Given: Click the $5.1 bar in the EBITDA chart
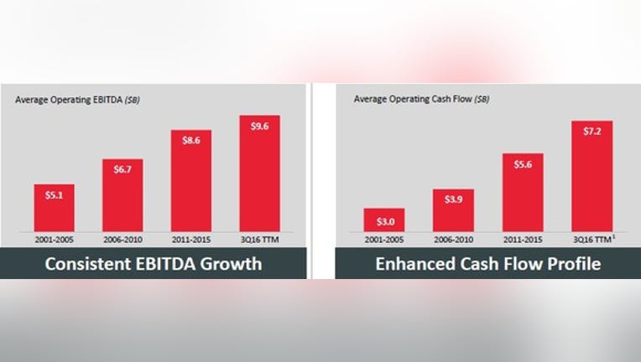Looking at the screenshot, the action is coord(54,208).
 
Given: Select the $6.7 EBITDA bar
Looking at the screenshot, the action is coord(122,195).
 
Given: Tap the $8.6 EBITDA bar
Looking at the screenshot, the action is coord(191,181).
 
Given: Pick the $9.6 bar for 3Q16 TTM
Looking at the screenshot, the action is coord(259,173).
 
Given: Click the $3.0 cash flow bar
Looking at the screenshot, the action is coord(384,220).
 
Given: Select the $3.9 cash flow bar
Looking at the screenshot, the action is coord(453,210).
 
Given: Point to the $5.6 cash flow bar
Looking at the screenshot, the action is coord(523,193).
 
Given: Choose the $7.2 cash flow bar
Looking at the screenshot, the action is coord(592,176).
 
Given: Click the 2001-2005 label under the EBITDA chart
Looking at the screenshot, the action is coord(54,240).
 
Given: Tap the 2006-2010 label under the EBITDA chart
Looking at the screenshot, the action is coord(122,240).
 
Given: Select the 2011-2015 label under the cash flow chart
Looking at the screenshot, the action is coord(523,240).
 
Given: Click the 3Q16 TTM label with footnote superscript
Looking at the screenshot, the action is coord(593,239).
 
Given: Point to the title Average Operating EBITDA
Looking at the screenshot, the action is coord(69,100).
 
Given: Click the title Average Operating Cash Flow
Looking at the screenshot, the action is coord(413,99).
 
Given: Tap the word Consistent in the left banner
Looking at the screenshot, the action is coord(87,264).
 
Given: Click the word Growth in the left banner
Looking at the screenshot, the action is coord(231,264).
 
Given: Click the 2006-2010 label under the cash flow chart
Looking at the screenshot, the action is coord(453,240).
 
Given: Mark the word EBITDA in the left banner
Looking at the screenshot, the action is coord(165,264).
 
